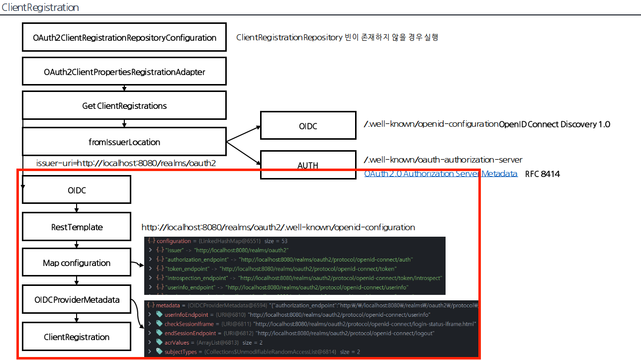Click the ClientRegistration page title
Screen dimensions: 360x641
40,7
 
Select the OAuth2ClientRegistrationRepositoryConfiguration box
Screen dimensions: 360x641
124,37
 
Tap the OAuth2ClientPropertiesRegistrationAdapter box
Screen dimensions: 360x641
124,72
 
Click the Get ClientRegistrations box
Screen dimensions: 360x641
124,105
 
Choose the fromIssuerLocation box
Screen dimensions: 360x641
124,142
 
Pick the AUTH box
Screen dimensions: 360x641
308,165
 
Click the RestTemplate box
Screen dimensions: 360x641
77,227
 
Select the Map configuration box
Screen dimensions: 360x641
77,263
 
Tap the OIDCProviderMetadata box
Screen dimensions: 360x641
77,300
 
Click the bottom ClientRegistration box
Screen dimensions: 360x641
77,337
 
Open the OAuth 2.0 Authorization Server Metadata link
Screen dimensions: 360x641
441,174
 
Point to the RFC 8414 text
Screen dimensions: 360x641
543,174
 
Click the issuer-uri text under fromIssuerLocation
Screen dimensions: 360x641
126,163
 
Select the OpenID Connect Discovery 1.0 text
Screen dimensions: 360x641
554,124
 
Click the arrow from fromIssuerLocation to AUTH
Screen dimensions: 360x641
244,153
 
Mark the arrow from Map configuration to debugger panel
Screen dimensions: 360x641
137,264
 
